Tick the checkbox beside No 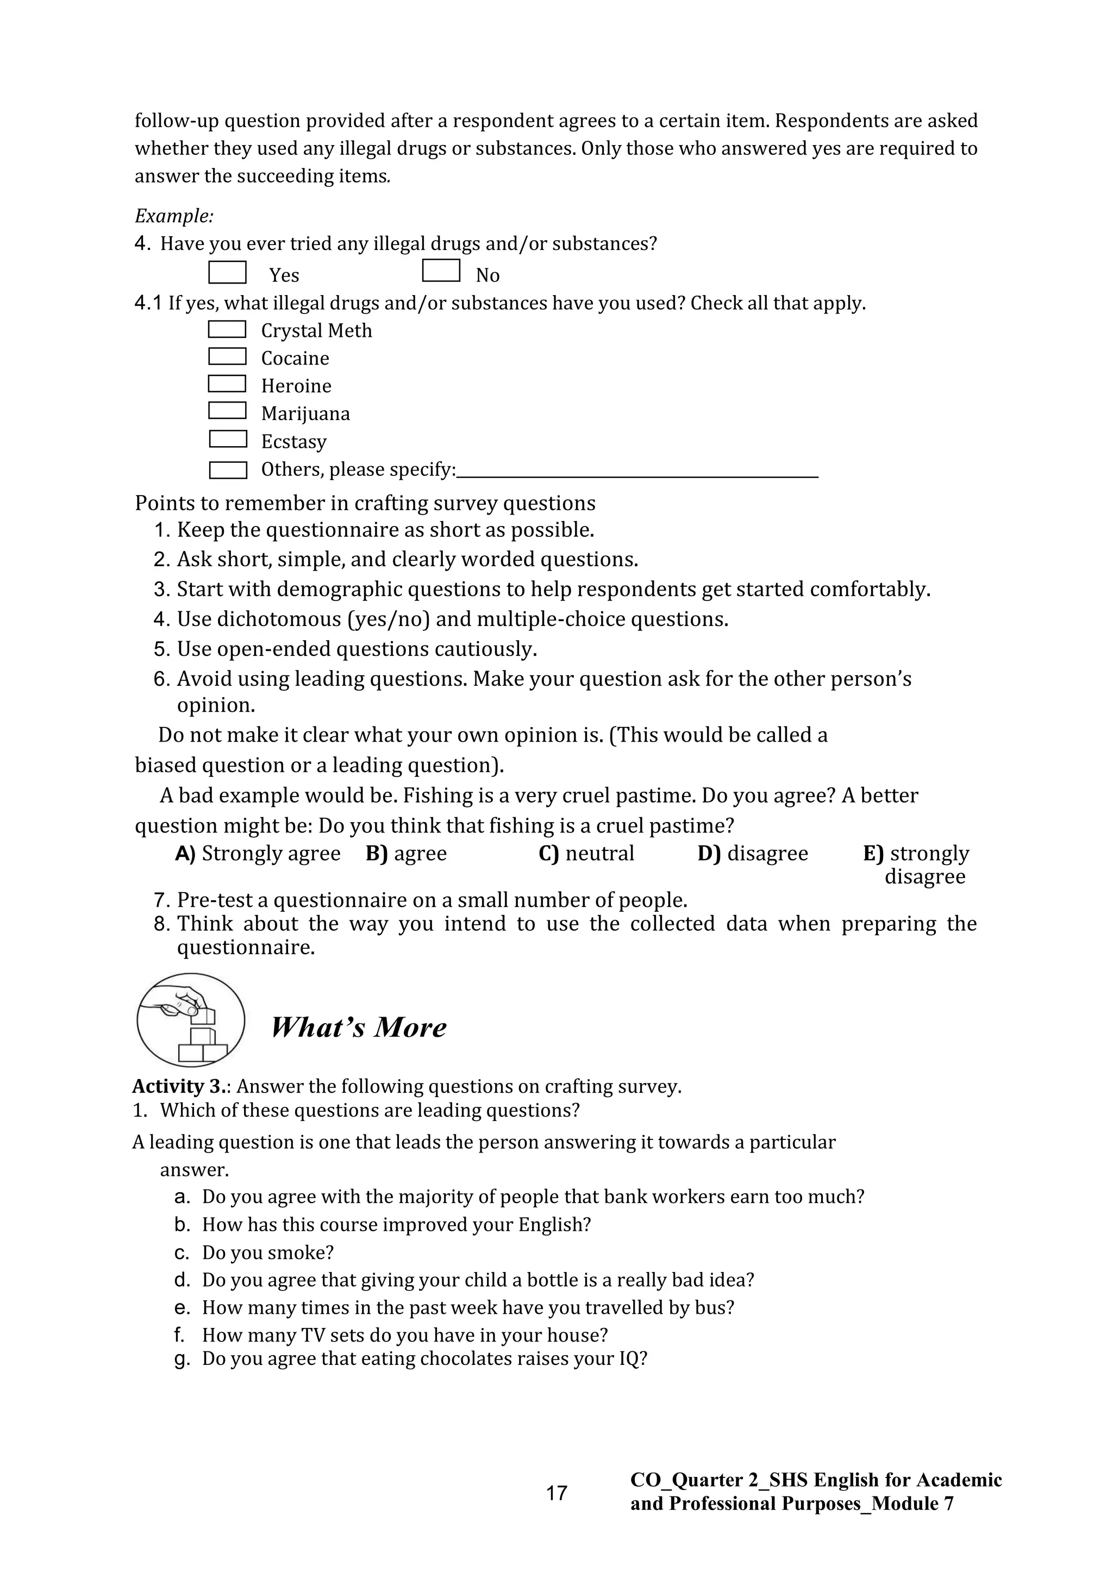[441, 271]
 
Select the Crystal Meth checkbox [227, 329]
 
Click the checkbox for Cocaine [227, 356]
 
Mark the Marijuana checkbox [227, 410]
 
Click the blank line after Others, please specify [637, 471]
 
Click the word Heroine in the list [296, 386]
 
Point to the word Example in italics [173, 216]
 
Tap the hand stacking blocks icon [191, 1020]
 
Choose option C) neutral [586, 854]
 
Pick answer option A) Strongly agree [258, 854]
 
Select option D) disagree [753, 854]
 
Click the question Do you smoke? [267, 1252]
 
